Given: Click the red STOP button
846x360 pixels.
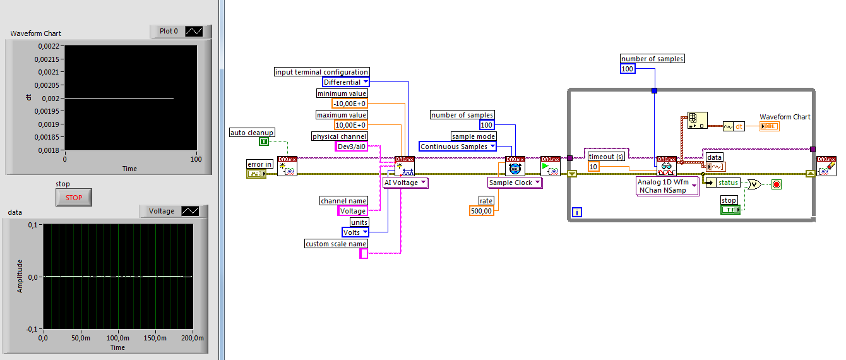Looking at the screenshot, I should [x=74, y=198].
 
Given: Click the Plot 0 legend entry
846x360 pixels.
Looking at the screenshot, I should [x=169, y=31].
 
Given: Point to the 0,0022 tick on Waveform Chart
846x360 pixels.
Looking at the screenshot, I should [x=50, y=45].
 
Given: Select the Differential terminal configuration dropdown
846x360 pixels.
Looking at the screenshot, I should [x=346, y=82].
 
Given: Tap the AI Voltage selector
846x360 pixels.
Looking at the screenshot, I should [x=405, y=183].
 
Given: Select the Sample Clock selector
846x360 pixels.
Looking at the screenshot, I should [x=515, y=183].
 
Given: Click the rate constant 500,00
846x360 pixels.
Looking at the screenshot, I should [x=481, y=211].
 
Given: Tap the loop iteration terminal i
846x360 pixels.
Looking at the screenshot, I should [x=576, y=213].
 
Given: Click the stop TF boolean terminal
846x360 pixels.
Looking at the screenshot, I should [x=730, y=209].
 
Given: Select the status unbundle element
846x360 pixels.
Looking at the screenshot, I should [x=728, y=183].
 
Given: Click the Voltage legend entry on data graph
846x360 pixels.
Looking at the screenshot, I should [x=162, y=212].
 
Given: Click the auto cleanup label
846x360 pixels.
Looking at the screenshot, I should [x=251, y=132].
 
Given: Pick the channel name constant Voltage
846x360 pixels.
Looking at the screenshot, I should [x=352, y=211].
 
